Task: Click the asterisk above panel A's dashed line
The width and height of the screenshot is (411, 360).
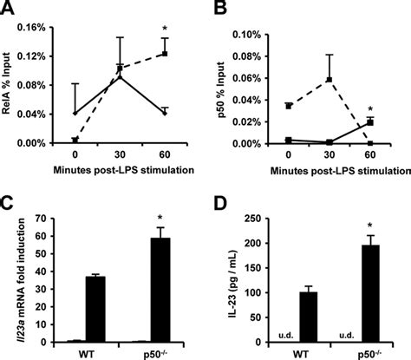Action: tap(164, 30)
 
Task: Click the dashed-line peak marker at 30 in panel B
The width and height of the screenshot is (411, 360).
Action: tap(329, 80)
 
